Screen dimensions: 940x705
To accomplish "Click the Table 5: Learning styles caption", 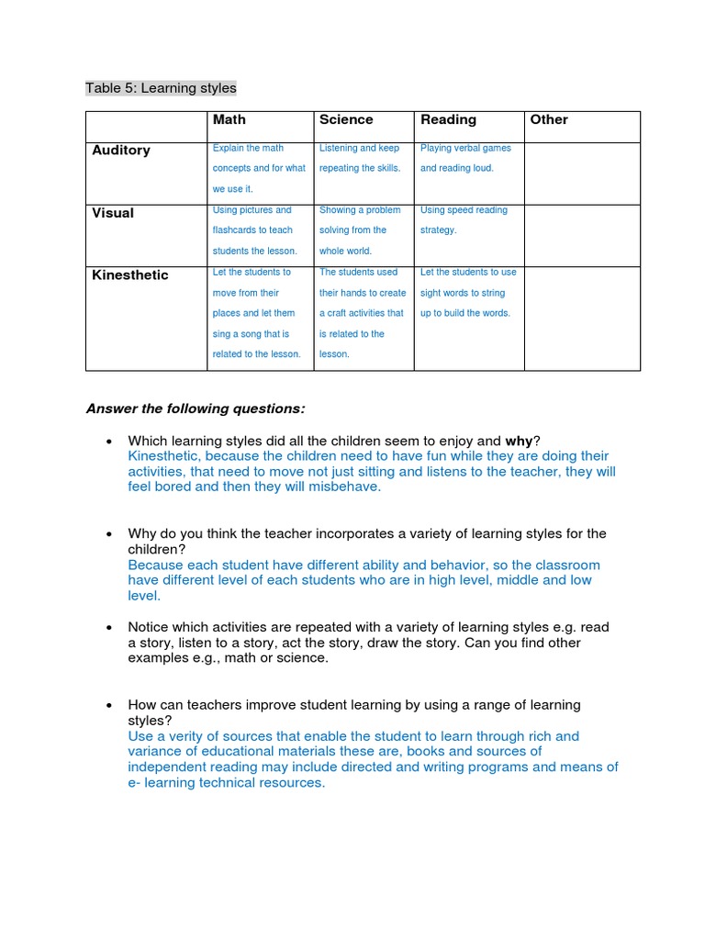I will pyautogui.click(x=161, y=88).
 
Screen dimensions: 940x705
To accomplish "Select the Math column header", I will pyautogui.click(x=229, y=119).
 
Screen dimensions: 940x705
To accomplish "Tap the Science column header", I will pyautogui.click(x=346, y=119).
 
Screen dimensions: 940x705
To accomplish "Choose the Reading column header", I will pyautogui.click(x=448, y=119).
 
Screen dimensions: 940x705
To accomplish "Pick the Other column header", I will pyautogui.click(x=549, y=119).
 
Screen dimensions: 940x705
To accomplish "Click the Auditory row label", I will pyautogui.click(x=121, y=150).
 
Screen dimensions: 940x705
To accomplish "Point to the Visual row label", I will pyautogui.click(x=113, y=212).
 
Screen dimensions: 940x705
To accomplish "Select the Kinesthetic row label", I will pyautogui.click(x=130, y=274).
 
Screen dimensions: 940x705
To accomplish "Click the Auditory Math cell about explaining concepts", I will pyautogui.click(x=259, y=168).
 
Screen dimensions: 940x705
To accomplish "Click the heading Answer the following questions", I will pyautogui.click(x=196, y=408).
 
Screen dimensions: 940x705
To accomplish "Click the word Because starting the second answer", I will pyautogui.click(x=155, y=565).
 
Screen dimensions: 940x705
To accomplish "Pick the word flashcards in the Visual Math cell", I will pyautogui.click(x=241, y=230).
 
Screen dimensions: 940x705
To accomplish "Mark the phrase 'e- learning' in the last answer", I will pyautogui.click(x=166, y=783).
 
